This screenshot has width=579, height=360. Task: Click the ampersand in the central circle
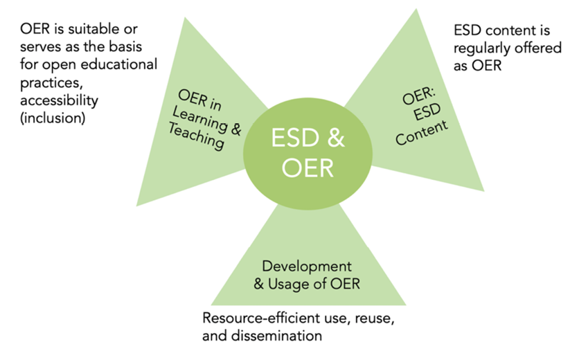coord(334,138)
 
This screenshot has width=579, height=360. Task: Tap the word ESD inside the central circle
coord(296,138)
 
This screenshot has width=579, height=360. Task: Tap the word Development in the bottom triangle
coord(307,266)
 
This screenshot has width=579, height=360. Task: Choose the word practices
coord(46,82)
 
